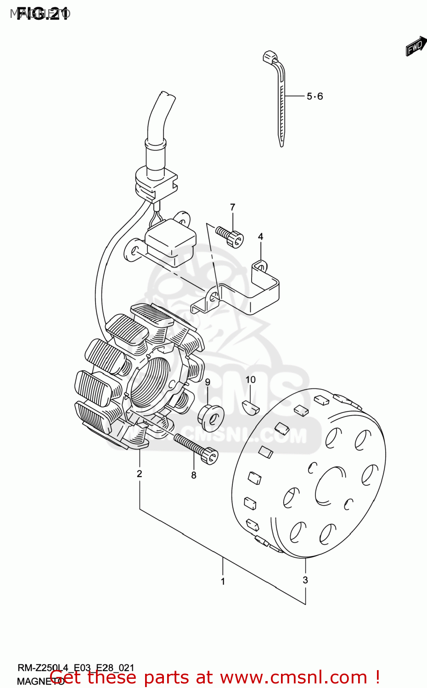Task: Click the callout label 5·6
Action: click(315, 96)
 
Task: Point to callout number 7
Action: click(233, 207)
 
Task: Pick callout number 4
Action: click(260, 237)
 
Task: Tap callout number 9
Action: click(208, 382)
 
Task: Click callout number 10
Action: click(250, 380)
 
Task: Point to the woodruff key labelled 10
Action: click(251, 405)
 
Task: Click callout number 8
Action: click(194, 475)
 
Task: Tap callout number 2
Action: click(140, 474)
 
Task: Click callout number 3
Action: click(305, 580)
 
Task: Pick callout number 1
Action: click(223, 582)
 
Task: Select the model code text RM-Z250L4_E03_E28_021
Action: click(76, 668)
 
